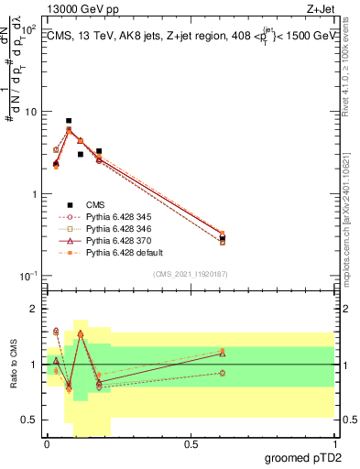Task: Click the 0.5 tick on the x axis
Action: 191,444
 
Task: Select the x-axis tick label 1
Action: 334,444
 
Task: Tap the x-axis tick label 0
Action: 47,444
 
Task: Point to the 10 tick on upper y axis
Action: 30,112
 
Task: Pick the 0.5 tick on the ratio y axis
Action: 32,420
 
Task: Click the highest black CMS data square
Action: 69,121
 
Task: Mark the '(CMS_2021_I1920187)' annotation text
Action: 190,274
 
